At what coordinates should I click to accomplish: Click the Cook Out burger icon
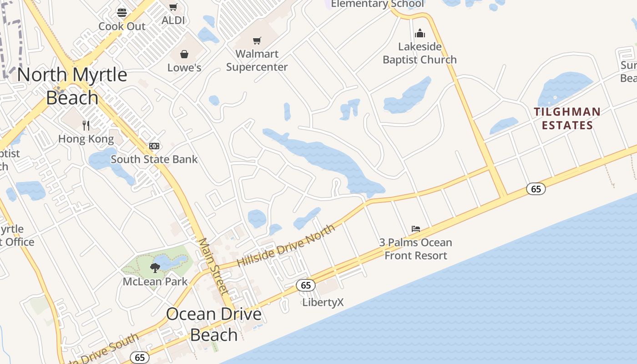[x=121, y=12]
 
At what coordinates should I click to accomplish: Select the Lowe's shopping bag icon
[x=184, y=55]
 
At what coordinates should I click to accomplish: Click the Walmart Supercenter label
[x=257, y=61]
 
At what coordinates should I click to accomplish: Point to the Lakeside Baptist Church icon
[x=420, y=34]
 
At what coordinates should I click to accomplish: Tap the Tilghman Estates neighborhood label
[x=567, y=118]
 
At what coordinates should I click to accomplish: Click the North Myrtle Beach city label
[x=72, y=86]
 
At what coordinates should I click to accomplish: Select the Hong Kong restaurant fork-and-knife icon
[x=86, y=125]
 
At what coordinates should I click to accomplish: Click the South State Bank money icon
[x=154, y=146]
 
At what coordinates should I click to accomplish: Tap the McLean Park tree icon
[x=155, y=268]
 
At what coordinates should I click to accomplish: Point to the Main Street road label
[x=213, y=266]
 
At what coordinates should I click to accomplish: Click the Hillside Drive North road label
[x=286, y=246]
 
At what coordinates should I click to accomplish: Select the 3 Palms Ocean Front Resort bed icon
[x=415, y=229]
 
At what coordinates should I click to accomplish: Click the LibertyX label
[x=323, y=302]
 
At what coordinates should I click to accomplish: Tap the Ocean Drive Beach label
[x=214, y=324]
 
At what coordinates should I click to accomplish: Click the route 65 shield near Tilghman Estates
[x=536, y=188]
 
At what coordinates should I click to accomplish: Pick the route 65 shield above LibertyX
[x=306, y=285]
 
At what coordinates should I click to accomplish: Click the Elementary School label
[x=377, y=4]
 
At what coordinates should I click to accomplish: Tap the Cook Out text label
[x=122, y=26]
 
